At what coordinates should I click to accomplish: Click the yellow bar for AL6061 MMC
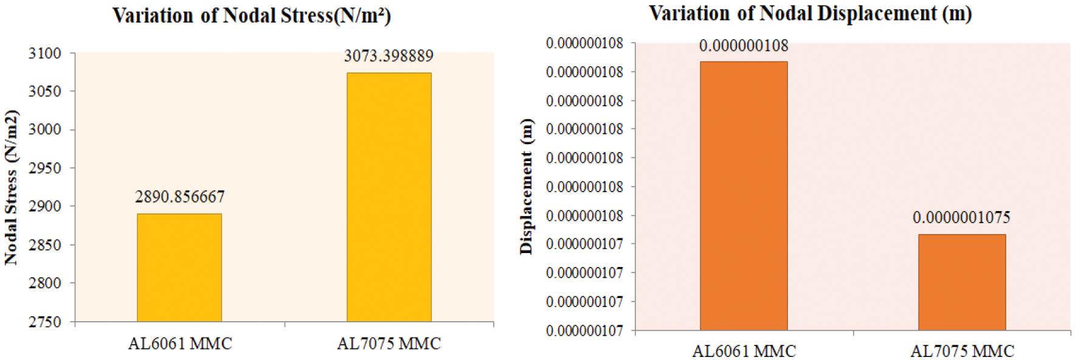(x=179, y=268)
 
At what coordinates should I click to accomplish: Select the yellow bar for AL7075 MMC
(x=389, y=197)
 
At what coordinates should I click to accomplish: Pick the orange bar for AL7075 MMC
(x=962, y=282)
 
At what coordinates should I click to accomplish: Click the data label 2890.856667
(x=180, y=197)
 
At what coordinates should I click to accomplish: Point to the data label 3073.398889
(x=389, y=57)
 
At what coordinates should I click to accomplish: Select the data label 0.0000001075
(x=961, y=218)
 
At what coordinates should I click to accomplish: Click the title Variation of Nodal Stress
(x=252, y=15)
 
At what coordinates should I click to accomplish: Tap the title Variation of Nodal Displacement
(x=811, y=13)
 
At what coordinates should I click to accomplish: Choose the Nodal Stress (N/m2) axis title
(x=12, y=187)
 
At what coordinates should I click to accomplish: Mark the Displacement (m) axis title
(x=526, y=186)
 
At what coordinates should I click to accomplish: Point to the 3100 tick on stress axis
(x=45, y=54)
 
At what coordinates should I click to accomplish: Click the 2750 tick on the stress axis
(x=45, y=322)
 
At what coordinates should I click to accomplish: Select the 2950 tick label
(x=45, y=168)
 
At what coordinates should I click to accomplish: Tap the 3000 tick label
(x=45, y=130)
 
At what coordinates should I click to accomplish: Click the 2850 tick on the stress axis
(x=45, y=245)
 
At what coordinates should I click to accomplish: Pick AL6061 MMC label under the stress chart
(x=180, y=344)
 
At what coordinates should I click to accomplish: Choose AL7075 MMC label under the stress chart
(x=389, y=344)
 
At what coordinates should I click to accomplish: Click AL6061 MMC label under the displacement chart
(x=744, y=351)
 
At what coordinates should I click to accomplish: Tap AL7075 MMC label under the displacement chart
(x=962, y=351)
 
